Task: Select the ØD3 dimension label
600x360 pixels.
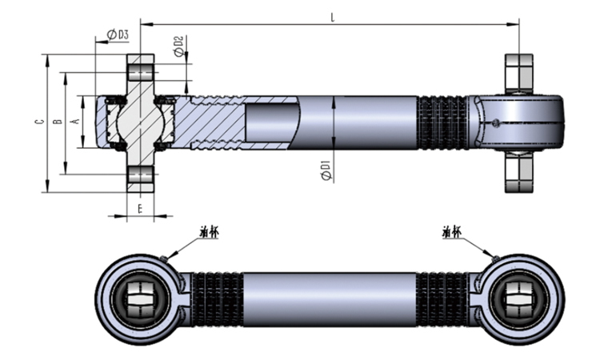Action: [118, 34]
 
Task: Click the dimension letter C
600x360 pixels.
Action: [38, 122]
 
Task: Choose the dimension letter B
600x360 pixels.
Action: [57, 122]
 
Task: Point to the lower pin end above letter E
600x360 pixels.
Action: [140, 178]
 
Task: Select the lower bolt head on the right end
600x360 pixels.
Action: [518, 174]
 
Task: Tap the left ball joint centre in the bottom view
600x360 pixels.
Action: [141, 298]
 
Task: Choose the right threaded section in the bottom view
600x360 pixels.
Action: [444, 298]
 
